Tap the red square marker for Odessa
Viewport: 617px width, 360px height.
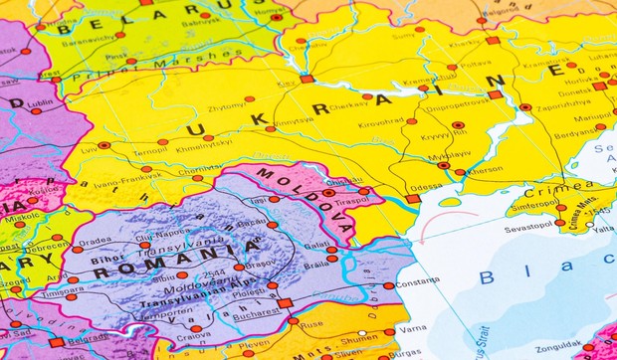click(x=412, y=199)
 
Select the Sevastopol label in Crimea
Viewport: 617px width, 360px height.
click(x=527, y=227)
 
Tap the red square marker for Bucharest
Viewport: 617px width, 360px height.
click(x=285, y=303)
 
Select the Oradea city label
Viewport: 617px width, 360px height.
click(x=96, y=241)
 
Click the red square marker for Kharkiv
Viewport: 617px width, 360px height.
click(x=493, y=41)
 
